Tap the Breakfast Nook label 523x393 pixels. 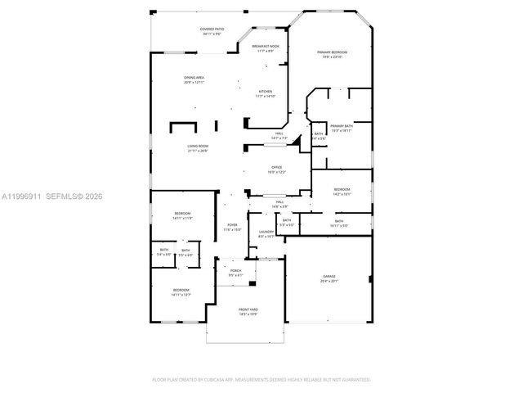tap(266, 47)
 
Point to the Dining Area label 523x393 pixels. tap(194, 78)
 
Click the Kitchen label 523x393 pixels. tap(266, 91)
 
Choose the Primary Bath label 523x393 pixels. tap(342, 126)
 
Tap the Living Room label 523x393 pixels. tap(199, 146)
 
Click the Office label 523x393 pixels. tap(277, 167)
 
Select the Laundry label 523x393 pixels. tap(266, 232)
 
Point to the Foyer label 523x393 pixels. tap(232, 225)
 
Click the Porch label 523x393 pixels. tap(235, 270)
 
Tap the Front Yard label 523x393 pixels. tap(248, 309)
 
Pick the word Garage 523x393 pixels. tap(329, 277)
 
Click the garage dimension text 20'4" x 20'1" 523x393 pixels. tap(329, 281)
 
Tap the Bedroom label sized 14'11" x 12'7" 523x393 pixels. tap(181, 290)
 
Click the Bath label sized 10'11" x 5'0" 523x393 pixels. tap(338, 220)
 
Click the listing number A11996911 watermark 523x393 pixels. tap(23, 196)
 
